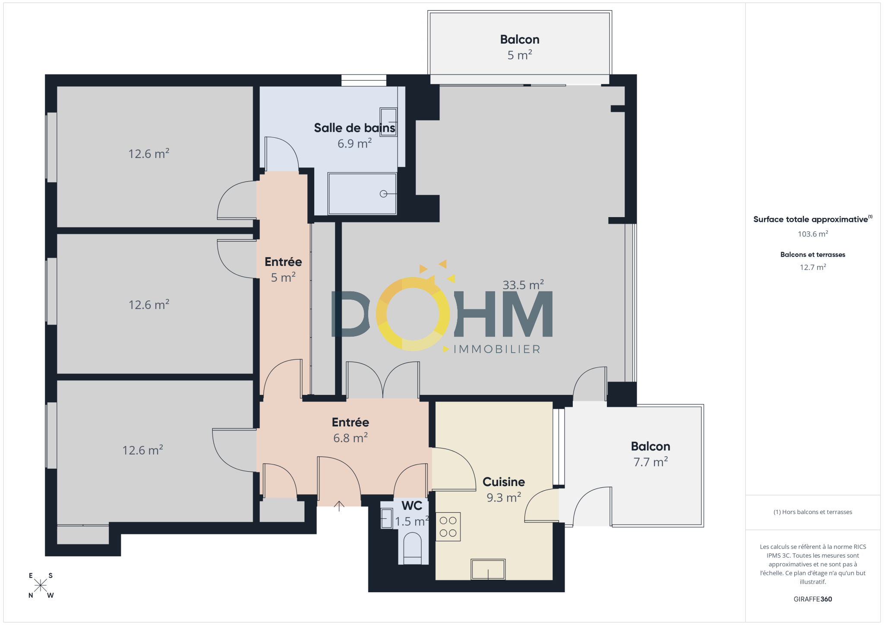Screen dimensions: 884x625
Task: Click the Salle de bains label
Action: [x=354, y=128]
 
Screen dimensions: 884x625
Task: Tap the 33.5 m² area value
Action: [x=523, y=285]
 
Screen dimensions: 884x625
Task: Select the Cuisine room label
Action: [x=504, y=482]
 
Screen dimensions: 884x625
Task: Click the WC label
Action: [x=412, y=505]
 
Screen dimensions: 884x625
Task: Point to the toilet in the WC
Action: [x=412, y=548]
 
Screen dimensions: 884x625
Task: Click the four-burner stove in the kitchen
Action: [x=448, y=527]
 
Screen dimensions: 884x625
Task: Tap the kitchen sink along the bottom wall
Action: [x=488, y=569]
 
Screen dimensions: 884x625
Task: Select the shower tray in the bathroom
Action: [x=362, y=194]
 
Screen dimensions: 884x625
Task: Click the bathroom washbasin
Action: [x=388, y=122]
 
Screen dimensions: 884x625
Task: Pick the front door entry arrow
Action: [x=339, y=506]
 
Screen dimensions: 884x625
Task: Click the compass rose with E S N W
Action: [x=41, y=585]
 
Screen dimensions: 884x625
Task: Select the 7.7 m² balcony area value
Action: [x=650, y=462]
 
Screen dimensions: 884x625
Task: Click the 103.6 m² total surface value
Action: [x=813, y=234]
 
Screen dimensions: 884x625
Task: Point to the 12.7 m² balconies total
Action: [x=813, y=267]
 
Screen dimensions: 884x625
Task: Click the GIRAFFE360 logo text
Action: [x=813, y=599]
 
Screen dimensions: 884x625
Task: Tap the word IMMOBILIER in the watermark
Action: [x=497, y=349]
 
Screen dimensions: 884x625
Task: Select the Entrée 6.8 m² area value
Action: [x=350, y=438]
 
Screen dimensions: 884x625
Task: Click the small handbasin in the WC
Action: [x=386, y=518]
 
